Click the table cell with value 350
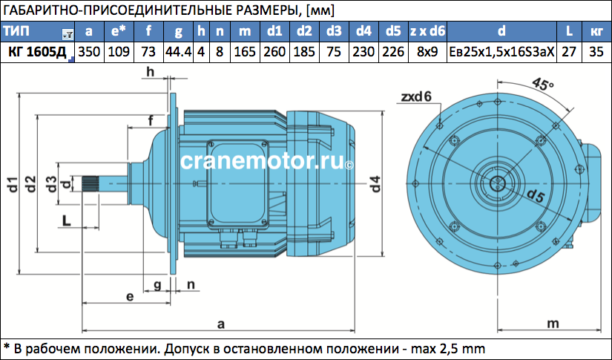coord(89,52)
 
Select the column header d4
coord(363,31)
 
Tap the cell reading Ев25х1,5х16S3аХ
coord(501,52)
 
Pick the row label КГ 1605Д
coord(38,52)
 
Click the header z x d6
coord(427,31)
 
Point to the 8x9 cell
coord(427,52)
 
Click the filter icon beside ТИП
coord(68,35)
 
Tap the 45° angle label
coord(542,84)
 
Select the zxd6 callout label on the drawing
coord(416,96)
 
